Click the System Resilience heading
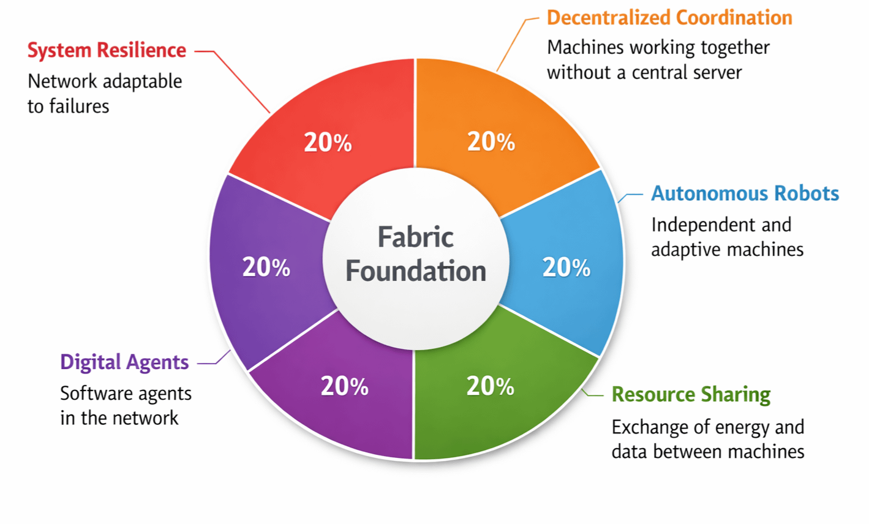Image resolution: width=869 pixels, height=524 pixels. click(x=107, y=50)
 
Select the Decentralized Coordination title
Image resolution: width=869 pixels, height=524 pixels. click(x=669, y=17)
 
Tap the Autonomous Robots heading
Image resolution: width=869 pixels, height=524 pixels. click(x=745, y=193)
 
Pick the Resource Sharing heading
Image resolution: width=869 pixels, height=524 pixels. click(x=691, y=394)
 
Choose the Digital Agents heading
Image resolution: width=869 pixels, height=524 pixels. click(x=124, y=362)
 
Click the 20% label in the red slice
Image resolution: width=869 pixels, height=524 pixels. click(x=328, y=143)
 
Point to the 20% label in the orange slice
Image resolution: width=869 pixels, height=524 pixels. click(x=491, y=141)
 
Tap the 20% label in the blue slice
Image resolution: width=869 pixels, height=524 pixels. click(x=566, y=268)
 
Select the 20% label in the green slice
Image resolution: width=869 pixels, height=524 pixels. click(x=490, y=386)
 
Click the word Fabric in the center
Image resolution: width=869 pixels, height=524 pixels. click(x=415, y=238)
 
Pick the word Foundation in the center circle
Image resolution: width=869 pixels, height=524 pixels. click(x=416, y=271)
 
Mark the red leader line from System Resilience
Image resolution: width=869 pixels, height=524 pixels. click(x=242, y=83)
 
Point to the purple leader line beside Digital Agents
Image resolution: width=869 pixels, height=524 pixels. click(x=214, y=361)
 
